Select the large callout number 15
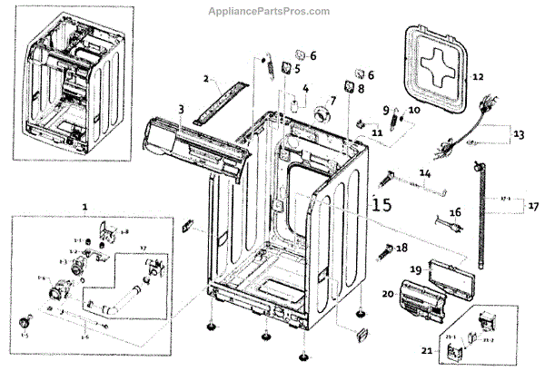[x=382, y=205]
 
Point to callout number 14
[x=424, y=172]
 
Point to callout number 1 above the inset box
[x=84, y=208]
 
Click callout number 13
[x=520, y=134]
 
